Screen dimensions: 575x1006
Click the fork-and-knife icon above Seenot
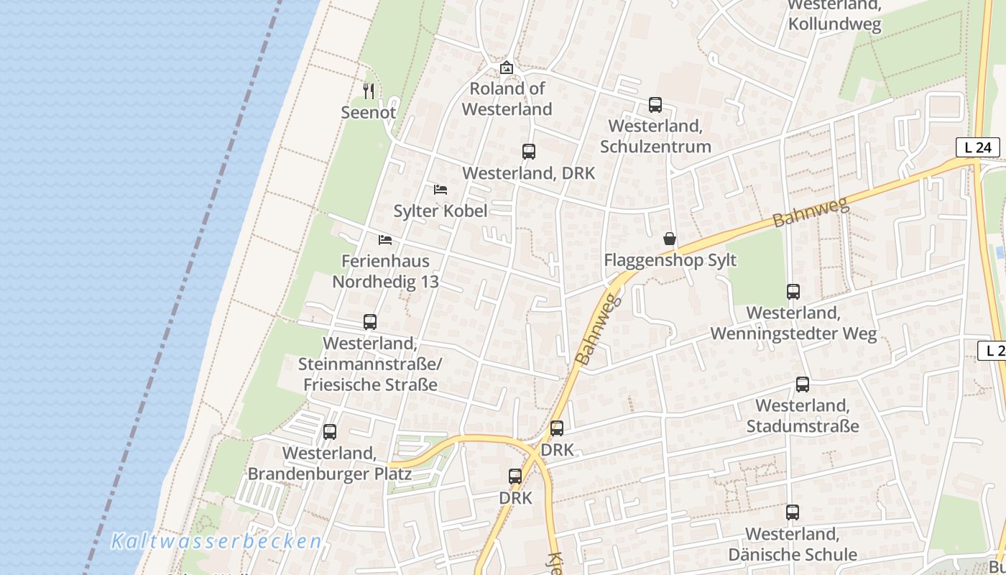(369, 91)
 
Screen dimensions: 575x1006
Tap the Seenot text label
(368, 113)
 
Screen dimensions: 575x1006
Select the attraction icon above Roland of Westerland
(507, 68)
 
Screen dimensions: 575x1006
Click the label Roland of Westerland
(507, 98)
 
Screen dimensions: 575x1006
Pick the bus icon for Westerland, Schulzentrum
(655, 105)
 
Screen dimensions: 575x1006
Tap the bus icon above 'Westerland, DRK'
(529, 152)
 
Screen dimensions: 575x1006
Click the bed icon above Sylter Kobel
(440, 190)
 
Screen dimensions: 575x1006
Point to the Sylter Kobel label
(440, 211)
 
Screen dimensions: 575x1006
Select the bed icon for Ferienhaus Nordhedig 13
(385, 240)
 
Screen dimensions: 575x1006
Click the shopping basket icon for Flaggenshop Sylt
(670, 239)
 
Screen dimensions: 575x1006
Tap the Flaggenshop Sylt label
(670, 260)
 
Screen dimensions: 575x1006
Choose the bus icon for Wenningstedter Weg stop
(793, 292)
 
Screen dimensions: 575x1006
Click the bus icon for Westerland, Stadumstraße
(803, 385)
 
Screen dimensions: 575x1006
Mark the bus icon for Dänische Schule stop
(793, 512)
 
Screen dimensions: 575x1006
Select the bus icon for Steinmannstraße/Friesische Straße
(370, 322)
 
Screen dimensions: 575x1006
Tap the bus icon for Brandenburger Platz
(330, 432)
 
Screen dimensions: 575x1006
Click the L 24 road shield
(977, 147)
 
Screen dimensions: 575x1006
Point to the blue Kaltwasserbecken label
(216, 541)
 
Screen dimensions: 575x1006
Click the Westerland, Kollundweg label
(834, 14)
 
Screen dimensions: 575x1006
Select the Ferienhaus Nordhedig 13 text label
(385, 271)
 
